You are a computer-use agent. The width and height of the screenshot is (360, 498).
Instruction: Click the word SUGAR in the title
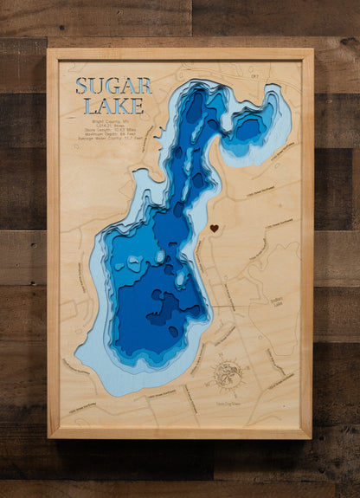[x=113, y=86]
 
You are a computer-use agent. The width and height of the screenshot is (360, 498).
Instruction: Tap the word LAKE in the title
[x=113, y=107]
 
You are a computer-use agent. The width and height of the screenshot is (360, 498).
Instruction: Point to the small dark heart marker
[x=214, y=229]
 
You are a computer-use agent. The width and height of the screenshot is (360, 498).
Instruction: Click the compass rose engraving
[x=227, y=375]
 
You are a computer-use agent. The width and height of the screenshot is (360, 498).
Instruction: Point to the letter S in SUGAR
[x=82, y=86]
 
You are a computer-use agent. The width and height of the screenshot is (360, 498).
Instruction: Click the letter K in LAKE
[x=122, y=107]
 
